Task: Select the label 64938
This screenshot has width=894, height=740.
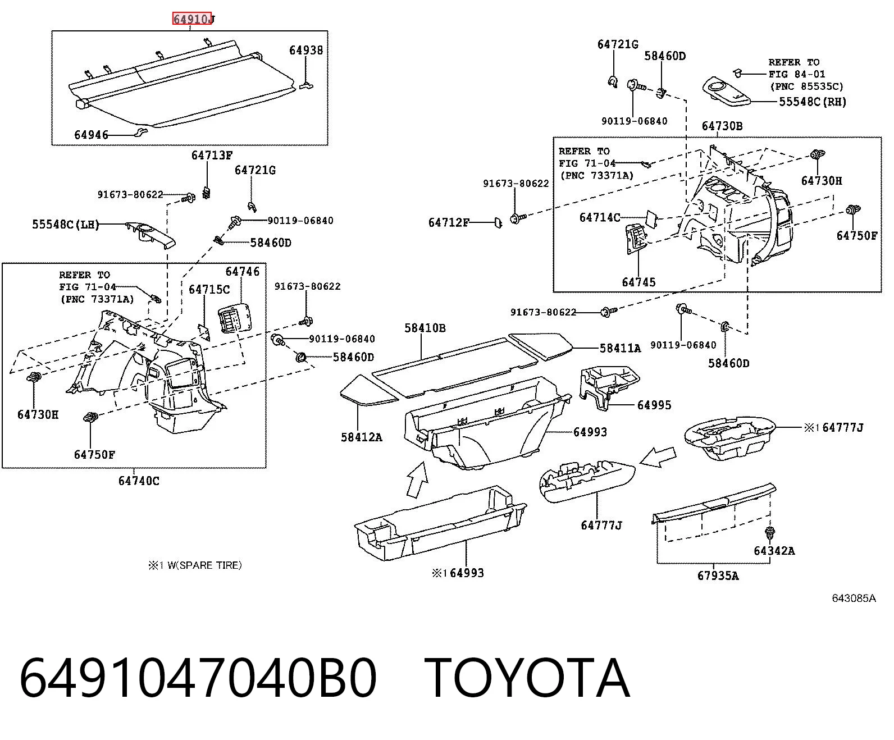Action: (x=305, y=50)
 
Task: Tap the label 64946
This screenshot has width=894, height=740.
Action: (x=91, y=135)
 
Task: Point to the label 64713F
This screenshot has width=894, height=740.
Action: (x=212, y=155)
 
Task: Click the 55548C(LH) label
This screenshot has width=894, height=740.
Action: (x=66, y=225)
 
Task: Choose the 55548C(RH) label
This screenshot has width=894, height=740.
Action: (x=813, y=102)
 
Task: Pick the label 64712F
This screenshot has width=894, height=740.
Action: (x=449, y=223)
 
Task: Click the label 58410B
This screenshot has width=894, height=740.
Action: (x=425, y=328)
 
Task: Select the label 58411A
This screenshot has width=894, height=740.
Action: (x=620, y=348)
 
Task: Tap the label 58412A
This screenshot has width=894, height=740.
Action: (x=362, y=437)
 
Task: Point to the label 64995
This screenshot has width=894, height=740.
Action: (x=654, y=405)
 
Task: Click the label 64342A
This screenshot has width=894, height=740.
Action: (x=774, y=551)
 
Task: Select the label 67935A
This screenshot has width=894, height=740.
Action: (x=718, y=575)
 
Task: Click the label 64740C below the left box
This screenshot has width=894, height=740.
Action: (x=139, y=481)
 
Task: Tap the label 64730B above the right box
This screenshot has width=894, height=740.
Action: (x=722, y=126)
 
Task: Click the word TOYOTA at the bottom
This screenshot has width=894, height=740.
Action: (x=527, y=679)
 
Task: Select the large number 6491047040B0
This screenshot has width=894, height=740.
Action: (x=198, y=679)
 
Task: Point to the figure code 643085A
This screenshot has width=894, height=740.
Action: (x=854, y=599)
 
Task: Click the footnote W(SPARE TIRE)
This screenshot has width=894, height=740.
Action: (x=204, y=565)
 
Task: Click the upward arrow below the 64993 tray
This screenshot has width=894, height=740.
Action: (x=417, y=480)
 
